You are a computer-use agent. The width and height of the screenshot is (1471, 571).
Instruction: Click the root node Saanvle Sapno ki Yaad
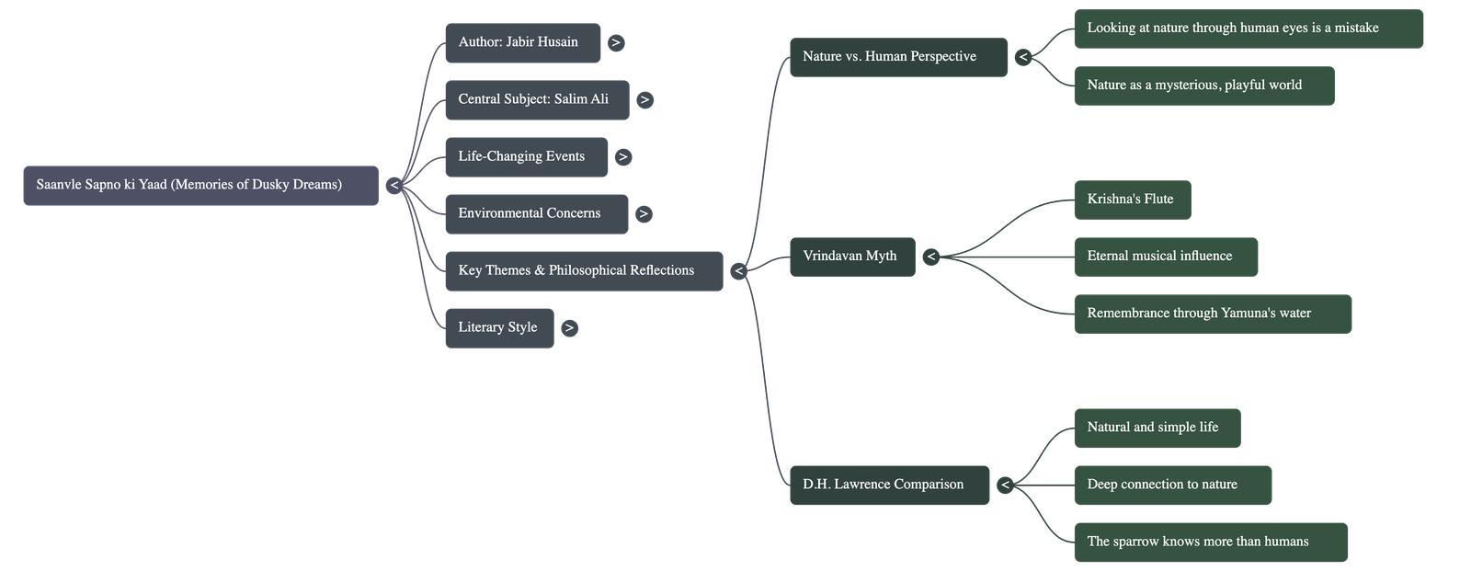200,186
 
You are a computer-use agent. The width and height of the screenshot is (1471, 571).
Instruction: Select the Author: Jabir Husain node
521,43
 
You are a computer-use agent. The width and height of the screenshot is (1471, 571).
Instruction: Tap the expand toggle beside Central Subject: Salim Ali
644,100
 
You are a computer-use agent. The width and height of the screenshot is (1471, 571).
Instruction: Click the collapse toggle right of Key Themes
738,271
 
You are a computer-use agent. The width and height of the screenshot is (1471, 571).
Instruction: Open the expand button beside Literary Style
570,328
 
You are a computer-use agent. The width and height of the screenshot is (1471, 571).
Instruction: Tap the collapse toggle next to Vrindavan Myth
931,257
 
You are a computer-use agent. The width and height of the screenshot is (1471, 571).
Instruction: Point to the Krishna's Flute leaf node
1132,200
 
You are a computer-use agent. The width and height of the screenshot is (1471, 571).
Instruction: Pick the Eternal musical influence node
1165,257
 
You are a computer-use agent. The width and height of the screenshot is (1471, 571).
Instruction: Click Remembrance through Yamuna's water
1212,314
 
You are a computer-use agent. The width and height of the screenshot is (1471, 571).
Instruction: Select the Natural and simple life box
1157,428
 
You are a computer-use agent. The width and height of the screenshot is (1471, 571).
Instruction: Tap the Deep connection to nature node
1172,485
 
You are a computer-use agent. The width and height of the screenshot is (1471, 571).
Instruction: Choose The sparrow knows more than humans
1210,542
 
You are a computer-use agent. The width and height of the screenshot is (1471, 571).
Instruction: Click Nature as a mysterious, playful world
1203,86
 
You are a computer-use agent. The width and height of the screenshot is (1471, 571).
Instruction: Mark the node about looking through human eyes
1248,29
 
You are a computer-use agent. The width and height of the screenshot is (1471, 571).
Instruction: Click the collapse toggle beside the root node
394,186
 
